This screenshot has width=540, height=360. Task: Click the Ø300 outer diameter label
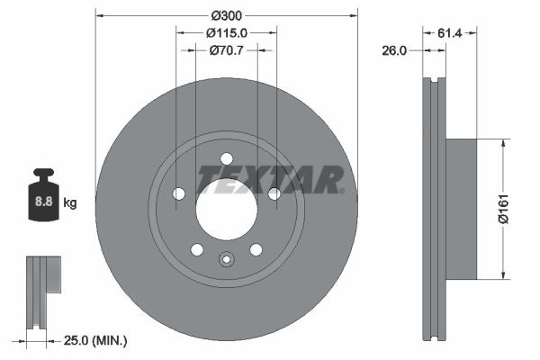tap(227, 16)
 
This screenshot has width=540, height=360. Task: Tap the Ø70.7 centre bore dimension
tap(227, 50)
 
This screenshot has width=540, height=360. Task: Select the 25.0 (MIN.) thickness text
tap(96, 340)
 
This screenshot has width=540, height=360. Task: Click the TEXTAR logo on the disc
tap(270, 180)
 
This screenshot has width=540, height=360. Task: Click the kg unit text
tap(70, 203)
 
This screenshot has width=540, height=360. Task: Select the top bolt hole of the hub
tap(227, 159)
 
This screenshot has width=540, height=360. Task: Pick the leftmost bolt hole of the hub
tap(179, 193)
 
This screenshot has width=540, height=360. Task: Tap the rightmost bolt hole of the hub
tap(274, 193)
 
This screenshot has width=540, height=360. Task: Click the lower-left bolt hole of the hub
tap(197, 249)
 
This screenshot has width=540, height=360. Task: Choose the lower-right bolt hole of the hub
tap(256, 249)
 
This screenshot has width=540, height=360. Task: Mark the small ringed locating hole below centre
tap(227, 262)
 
